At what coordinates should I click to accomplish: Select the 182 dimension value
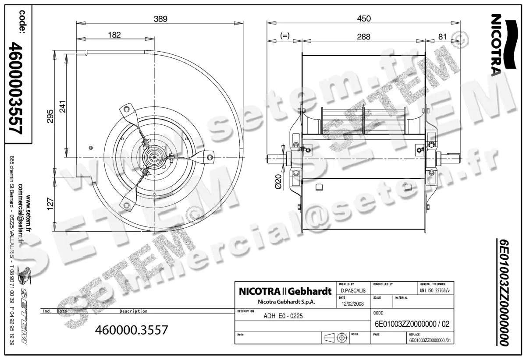tap(114, 35)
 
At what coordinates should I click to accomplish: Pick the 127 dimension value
tap(50, 204)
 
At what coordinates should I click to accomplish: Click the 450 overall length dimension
tap(364, 18)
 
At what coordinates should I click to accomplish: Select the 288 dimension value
tap(363, 37)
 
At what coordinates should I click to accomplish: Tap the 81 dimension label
tap(442, 37)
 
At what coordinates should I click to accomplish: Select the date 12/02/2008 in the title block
tap(352, 304)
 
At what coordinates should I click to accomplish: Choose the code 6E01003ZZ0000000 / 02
tap(412, 325)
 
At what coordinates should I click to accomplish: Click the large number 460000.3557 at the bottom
tap(131, 330)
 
